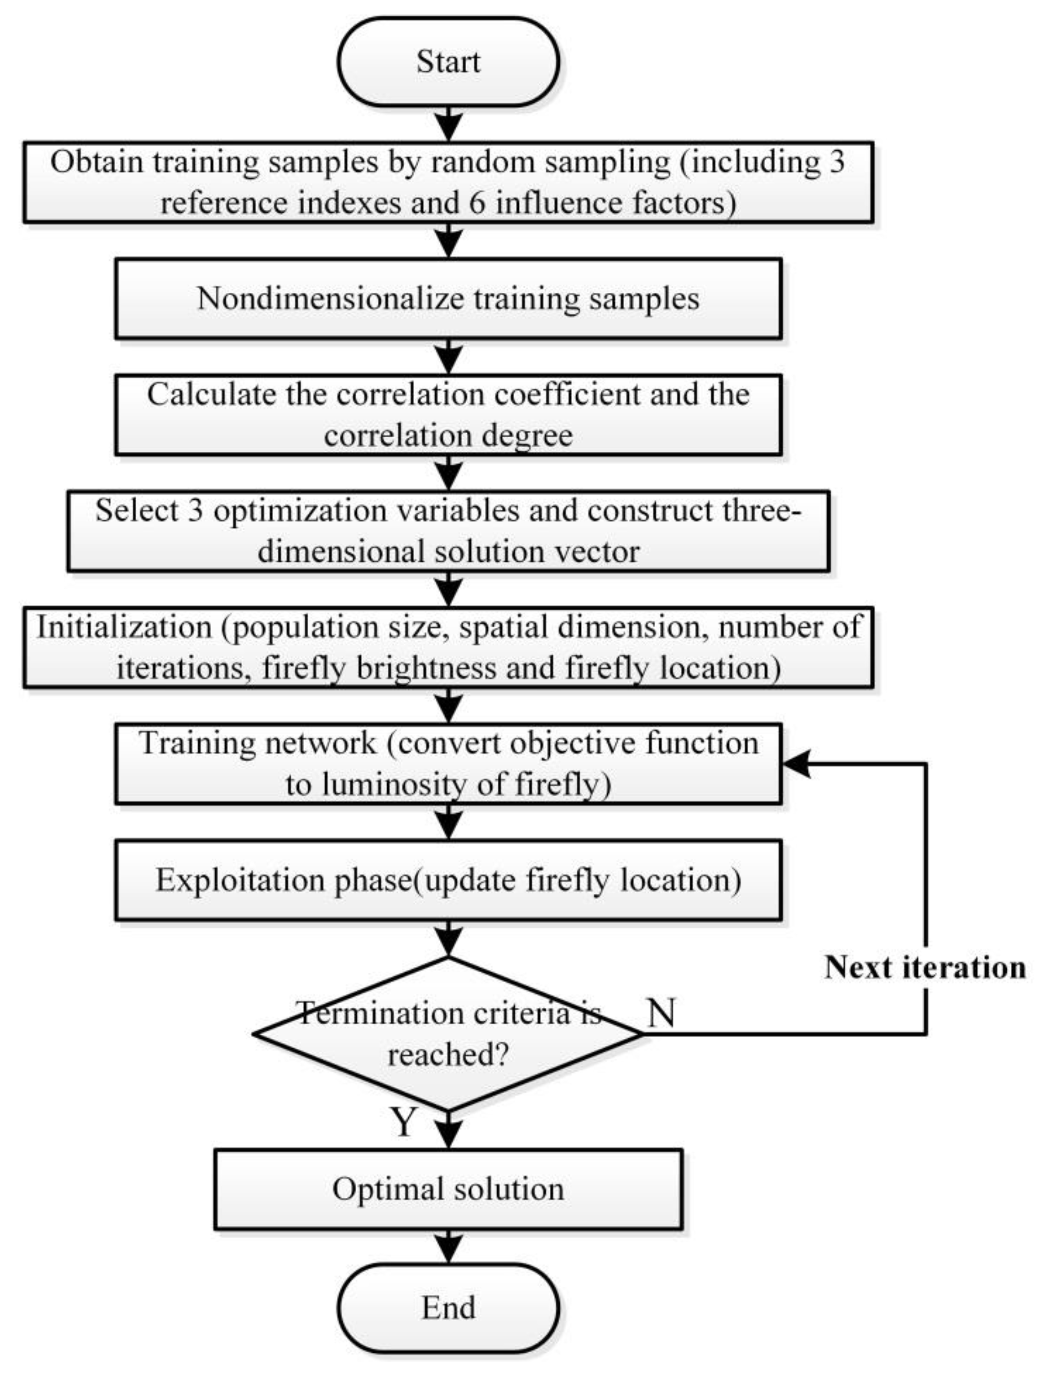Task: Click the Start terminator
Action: [448, 61]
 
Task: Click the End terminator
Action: [448, 1307]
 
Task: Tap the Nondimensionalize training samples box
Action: [448, 298]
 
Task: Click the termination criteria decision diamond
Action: [448, 1034]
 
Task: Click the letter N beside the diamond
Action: [661, 1012]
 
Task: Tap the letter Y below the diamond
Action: [403, 1121]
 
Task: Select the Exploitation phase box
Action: [448, 880]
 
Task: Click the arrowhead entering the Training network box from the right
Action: [795, 764]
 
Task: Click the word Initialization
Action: [124, 627]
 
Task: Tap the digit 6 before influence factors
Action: [477, 203]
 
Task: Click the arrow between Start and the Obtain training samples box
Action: [448, 123]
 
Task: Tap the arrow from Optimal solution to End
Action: [448, 1247]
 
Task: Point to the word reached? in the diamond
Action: [448, 1055]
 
